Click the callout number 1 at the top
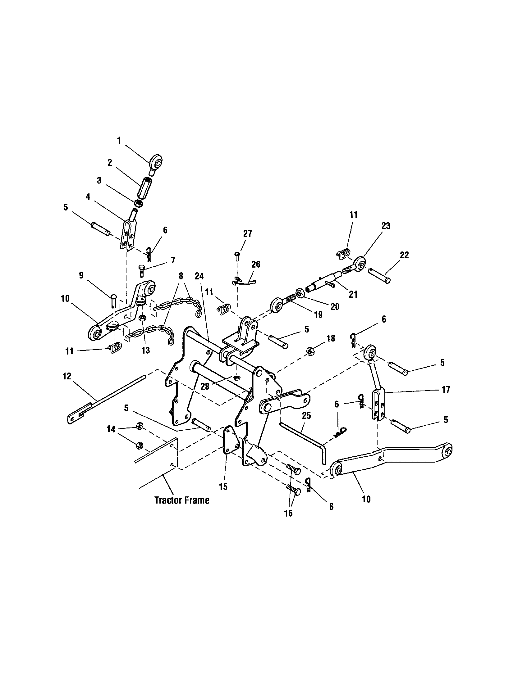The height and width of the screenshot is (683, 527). (119, 140)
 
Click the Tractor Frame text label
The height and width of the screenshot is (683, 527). (182, 500)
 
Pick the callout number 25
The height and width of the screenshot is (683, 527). (307, 416)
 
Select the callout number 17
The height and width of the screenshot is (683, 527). (446, 389)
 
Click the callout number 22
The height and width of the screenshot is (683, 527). (404, 255)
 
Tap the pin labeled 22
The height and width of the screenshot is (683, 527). (379, 270)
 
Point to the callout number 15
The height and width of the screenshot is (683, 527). (223, 487)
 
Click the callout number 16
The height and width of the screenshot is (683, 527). (288, 513)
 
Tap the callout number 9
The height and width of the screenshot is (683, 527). (81, 275)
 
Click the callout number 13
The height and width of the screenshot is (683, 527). (145, 350)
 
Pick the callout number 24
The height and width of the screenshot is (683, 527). (199, 276)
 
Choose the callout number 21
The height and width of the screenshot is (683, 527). (353, 294)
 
